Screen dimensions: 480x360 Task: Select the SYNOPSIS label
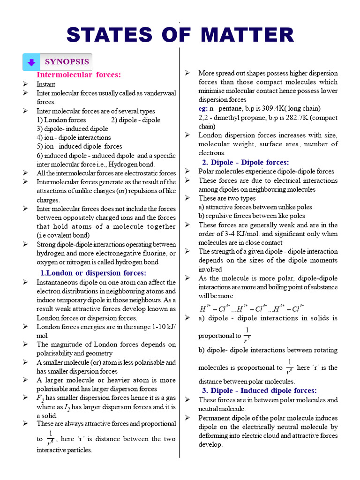coord(67,62)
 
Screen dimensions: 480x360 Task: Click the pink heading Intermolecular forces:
coord(79,75)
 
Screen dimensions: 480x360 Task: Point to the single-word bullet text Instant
coord(46,84)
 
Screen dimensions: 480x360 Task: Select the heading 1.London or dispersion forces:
coord(93,273)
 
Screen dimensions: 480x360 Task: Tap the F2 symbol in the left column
coord(40,398)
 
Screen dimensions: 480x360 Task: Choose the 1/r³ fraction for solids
coord(247,335)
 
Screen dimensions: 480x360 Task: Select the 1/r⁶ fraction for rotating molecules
coord(289,367)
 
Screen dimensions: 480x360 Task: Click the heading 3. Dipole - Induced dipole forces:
coord(259,390)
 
